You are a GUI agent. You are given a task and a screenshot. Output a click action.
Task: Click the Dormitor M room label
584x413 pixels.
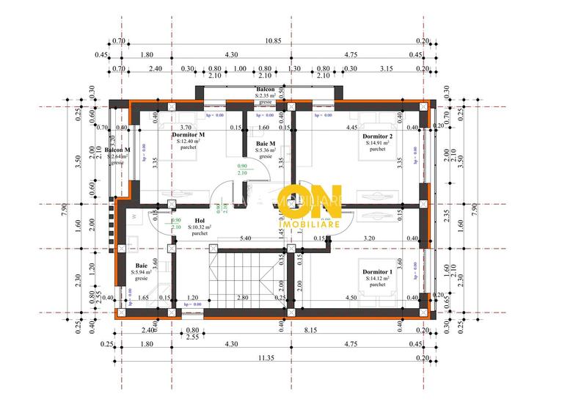[x=188, y=136]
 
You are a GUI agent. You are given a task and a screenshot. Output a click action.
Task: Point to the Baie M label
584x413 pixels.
[x=266, y=144]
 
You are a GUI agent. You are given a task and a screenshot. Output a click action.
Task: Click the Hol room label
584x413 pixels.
[x=199, y=220]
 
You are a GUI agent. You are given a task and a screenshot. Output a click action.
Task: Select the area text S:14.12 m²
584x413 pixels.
[x=378, y=279]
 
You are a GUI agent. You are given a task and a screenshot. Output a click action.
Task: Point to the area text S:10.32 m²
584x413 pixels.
[x=199, y=227]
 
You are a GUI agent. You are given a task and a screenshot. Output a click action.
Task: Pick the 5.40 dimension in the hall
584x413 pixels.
[x=247, y=238]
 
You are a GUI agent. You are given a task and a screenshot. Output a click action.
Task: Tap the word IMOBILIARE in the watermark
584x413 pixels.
[x=310, y=219]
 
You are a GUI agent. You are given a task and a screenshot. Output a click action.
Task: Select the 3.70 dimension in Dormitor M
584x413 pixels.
[x=186, y=127]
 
